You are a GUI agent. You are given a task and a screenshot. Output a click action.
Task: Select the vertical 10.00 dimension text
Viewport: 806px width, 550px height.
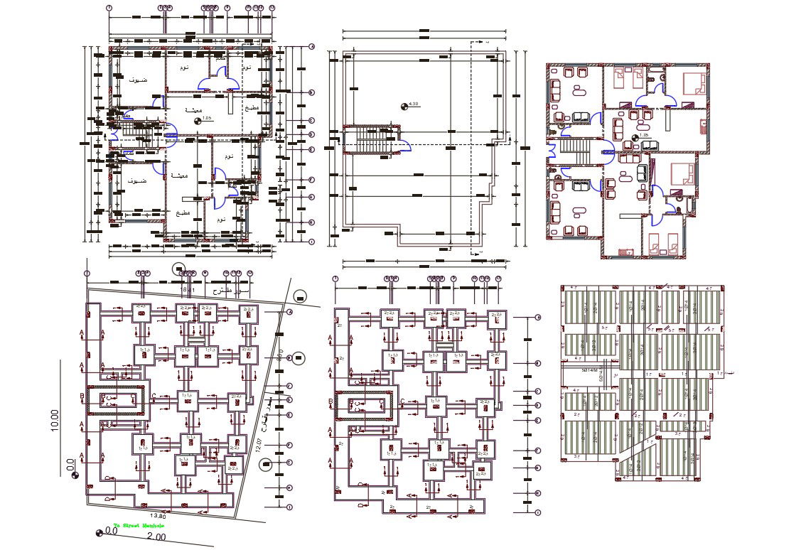(x=55, y=419)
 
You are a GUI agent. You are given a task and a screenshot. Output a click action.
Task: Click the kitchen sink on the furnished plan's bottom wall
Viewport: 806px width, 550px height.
(x=626, y=251)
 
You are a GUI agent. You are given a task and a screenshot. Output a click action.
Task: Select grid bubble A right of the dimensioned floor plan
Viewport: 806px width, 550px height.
(x=311, y=48)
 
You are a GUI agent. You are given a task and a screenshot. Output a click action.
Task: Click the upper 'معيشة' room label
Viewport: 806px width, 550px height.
(x=193, y=109)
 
